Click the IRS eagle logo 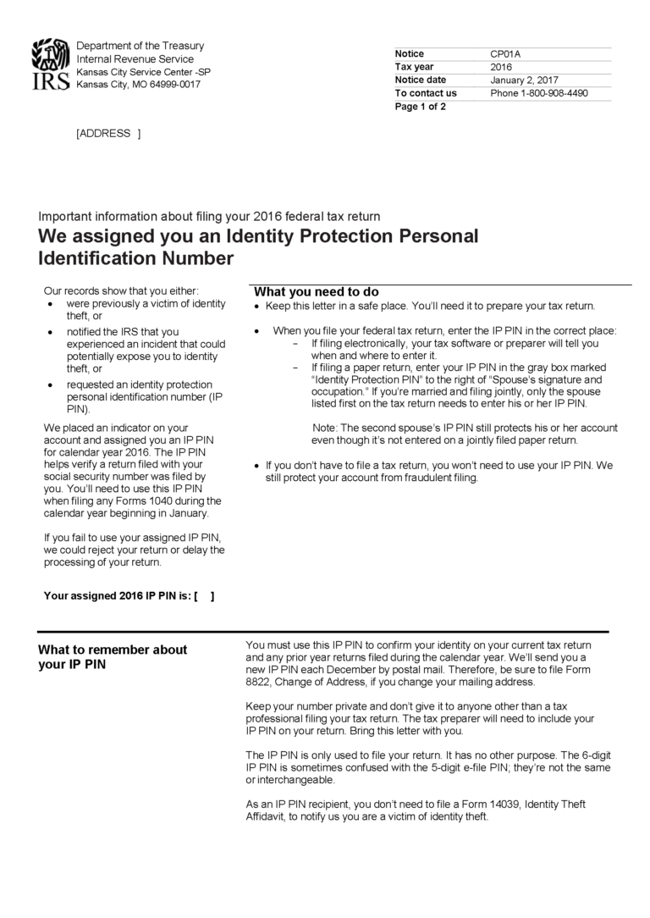pyautogui.click(x=50, y=64)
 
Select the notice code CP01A pyautogui.click(x=505, y=54)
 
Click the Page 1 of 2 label pyautogui.click(x=420, y=107)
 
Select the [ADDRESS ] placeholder pyautogui.click(x=108, y=133)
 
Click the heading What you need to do pyautogui.click(x=317, y=291)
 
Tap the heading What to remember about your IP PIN pyautogui.click(x=113, y=657)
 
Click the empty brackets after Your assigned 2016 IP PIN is pyautogui.click(x=204, y=595)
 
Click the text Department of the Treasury pyautogui.click(x=140, y=46)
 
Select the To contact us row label pyautogui.click(x=426, y=93)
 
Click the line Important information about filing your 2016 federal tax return pyautogui.click(x=209, y=216)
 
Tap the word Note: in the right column pyautogui.click(x=325, y=429)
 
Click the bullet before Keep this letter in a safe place pyautogui.click(x=257, y=307)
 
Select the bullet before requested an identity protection pyautogui.click(x=53, y=384)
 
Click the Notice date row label pyautogui.click(x=422, y=80)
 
